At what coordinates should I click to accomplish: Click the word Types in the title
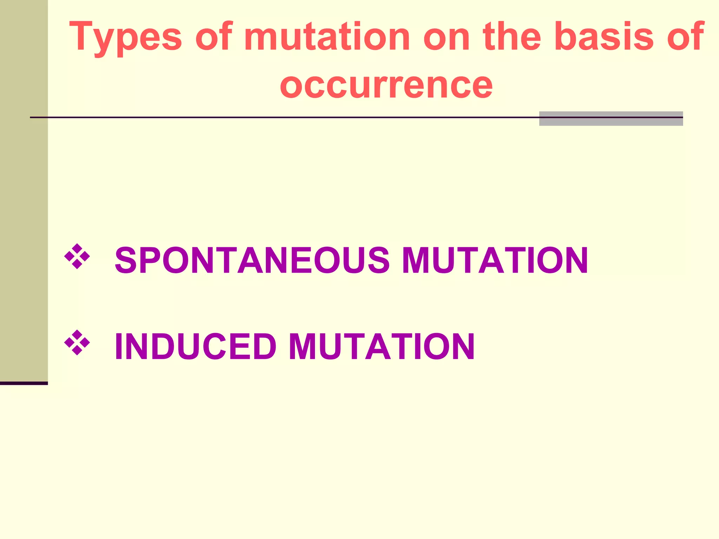(x=125, y=37)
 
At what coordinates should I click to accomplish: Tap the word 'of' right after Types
(x=213, y=36)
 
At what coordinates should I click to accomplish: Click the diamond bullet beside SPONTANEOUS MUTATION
(x=77, y=256)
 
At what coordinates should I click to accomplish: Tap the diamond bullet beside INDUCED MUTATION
(x=77, y=342)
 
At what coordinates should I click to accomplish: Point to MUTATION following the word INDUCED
(x=382, y=346)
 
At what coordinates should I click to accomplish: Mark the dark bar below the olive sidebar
(x=24, y=383)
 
